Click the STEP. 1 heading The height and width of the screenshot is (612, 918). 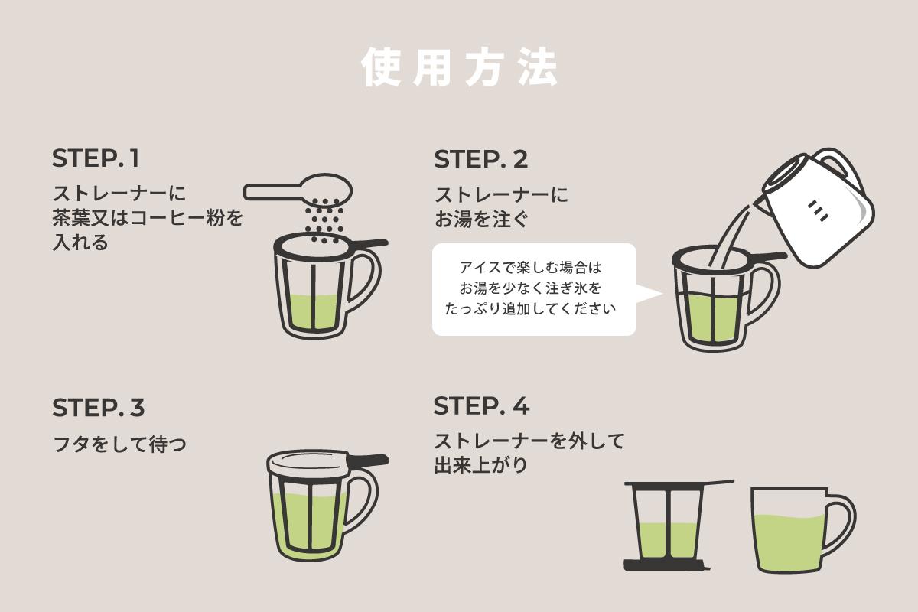click(96, 159)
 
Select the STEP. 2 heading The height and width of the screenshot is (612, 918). click(481, 159)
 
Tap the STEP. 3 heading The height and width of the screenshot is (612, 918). click(98, 408)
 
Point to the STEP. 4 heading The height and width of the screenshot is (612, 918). click(481, 405)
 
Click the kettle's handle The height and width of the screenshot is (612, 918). click(853, 176)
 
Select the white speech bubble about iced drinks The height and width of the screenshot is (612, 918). click(534, 289)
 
